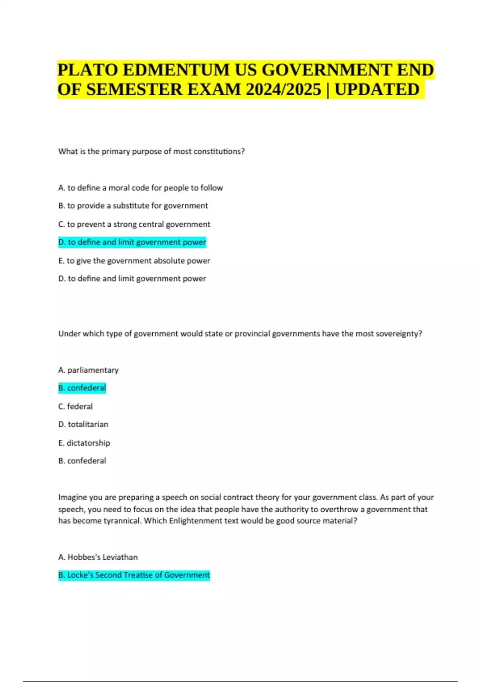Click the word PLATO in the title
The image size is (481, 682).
pos(88,70)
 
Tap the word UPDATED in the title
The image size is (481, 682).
pos(377,89)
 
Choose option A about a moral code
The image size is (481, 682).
pos(140,188)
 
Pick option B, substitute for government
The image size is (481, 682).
pos(133,206)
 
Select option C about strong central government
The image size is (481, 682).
pos(134,224)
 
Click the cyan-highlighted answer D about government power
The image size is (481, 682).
pos(132,242)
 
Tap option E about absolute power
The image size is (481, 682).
pos(134,261)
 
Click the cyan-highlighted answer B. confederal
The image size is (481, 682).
pos(82,388)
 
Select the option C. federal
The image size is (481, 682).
pos(75,406)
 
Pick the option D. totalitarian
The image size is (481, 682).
pos(83,424)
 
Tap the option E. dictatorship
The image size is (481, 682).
pos(84,443)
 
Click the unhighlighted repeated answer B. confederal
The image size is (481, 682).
pos(82,461)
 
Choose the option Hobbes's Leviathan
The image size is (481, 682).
pos(98,557)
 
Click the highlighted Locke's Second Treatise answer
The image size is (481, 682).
pos(134,575)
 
